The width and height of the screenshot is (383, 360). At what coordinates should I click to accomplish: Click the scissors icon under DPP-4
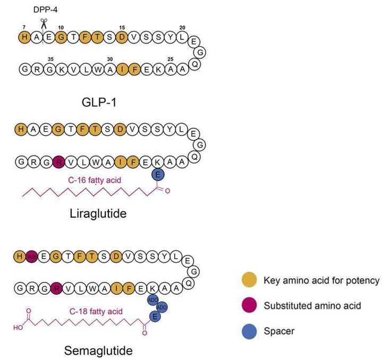tap(43, 22)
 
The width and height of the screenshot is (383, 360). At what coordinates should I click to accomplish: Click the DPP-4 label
tap(44, 9)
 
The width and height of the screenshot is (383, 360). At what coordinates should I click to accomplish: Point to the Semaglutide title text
tap(98, 350)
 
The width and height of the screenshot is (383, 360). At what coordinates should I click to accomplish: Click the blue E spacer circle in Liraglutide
tap(157, 175)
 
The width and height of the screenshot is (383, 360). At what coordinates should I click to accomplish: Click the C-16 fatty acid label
tap(95, 181)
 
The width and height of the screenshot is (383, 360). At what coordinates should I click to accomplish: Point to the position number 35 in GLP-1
tap(50, 59)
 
